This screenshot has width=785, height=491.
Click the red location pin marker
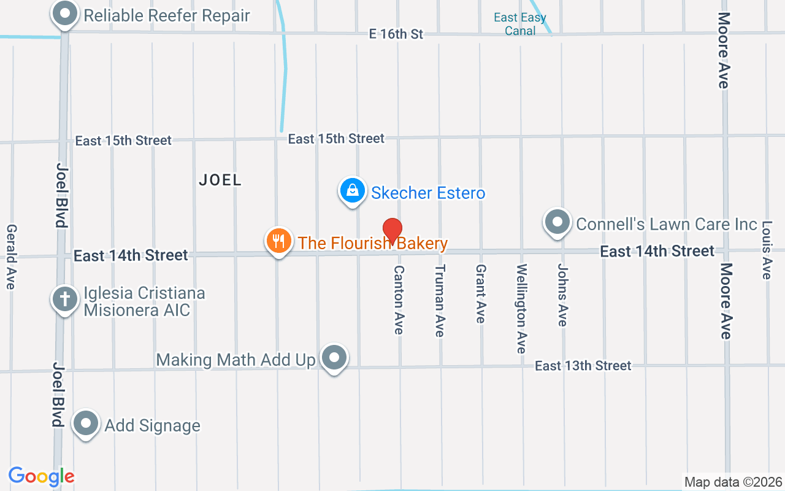tap(392, 231)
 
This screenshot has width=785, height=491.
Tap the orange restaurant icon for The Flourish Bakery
tap(278, 241)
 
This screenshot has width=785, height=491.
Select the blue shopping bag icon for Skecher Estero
tap(353, 191)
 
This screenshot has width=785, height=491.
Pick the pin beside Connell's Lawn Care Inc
tap(557, 222)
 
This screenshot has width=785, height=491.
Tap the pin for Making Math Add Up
tap(334, 357)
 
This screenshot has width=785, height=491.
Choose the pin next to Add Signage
tap(86, 423)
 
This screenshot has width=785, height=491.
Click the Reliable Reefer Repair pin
tap(64, 14)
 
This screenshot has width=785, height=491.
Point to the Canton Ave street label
tap(399, 300)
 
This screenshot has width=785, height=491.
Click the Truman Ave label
tap(439, 300)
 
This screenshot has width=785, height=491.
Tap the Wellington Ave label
tap(521, 308)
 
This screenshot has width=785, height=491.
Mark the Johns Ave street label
tap(562, 295)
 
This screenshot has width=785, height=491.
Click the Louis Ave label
tap(766, 250)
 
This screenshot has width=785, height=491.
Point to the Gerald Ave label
tap(11, 257)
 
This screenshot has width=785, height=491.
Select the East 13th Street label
tap(583, 366)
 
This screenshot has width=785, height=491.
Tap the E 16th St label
tap(396, 34)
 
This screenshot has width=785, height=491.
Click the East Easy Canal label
tap(520, 24)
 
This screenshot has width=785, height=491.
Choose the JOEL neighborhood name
tap(220, 180)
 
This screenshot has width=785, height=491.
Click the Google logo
tap(42, 476)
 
